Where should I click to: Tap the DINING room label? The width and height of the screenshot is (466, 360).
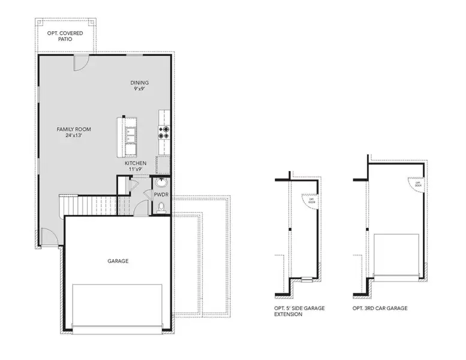pos(140,83)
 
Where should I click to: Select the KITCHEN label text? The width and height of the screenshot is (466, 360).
pos(136,163)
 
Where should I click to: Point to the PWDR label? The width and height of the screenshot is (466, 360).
pos(161,195)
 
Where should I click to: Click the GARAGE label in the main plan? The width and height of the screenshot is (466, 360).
pos(118,261)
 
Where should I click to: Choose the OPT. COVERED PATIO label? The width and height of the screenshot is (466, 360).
pos(66,37)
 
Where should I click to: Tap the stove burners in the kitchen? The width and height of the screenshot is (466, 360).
pos(163,132)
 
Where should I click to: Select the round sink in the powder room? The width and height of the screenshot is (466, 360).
pos(161,183)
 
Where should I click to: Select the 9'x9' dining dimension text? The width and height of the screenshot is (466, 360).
pos(140,89)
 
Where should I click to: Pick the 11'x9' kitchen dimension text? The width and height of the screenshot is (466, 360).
pos(136,170)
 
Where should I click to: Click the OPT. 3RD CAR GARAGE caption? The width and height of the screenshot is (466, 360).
pos(380,308)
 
